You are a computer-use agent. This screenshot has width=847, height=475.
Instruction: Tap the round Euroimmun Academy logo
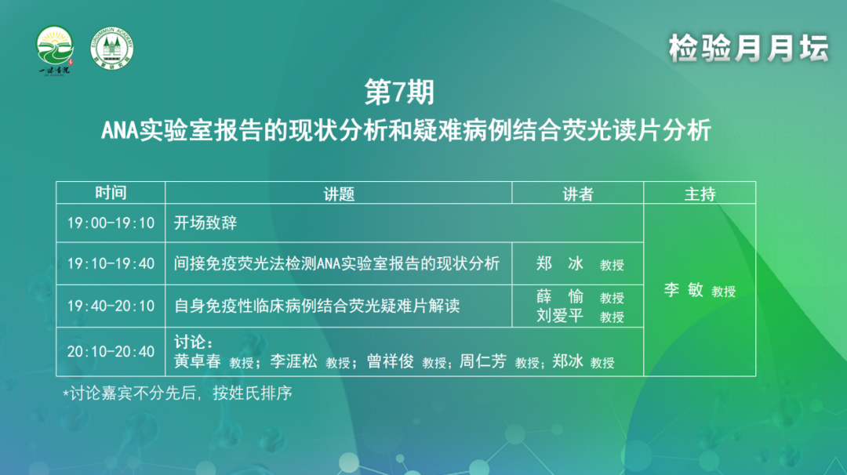click(x=112, y=49)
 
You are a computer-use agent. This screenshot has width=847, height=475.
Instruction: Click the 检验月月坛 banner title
click(x=748, y=48)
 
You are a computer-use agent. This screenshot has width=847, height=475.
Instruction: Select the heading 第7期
click(x=399, y=92)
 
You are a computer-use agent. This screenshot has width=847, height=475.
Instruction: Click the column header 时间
click(x=111, y=193)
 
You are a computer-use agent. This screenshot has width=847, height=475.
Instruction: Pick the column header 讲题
click(x=339, y=194)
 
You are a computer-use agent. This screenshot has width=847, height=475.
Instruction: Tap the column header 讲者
click(x=578, y=194)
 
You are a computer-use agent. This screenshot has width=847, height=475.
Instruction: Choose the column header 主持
click(x=700, y=194)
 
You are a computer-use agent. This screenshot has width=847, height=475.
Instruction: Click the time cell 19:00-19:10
click(x=111, y=223)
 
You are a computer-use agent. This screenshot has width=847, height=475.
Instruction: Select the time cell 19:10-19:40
click(x=111, y=263)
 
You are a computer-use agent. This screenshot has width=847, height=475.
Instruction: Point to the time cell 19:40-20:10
click(x=111, y=306)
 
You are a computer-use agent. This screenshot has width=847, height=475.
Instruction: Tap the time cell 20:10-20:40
click(x=111, y=352)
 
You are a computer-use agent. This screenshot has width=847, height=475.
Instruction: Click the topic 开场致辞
click(x=205, y=223)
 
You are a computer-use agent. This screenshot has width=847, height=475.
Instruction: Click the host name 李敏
click(x=683, y=290)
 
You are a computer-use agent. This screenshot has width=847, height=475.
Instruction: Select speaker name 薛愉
click(x=560, y=296)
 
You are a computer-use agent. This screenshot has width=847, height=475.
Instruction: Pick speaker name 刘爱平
click(x=560, y=315)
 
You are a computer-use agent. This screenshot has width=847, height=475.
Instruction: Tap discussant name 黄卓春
click(x=197, y=361)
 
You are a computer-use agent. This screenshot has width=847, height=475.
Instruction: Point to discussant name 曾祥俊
click(x=391, y=361)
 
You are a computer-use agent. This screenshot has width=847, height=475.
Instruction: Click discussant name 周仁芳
click(x=483, y=361)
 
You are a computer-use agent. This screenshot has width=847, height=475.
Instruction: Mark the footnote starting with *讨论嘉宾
click(x=178, y=393)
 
